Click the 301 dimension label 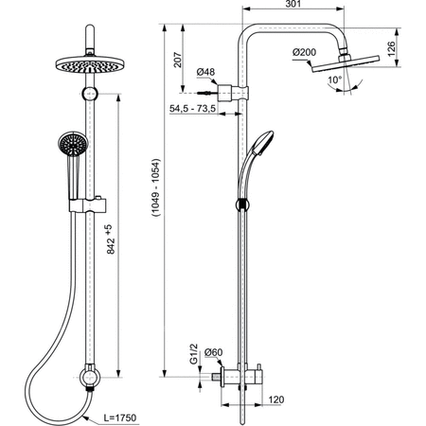tap(293, 4)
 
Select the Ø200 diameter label tap(304, 52)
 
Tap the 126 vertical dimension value tap(391, 49)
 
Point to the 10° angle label tap(334, 80)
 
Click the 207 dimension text tap(178, 60)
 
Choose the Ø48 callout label tap(205, 72)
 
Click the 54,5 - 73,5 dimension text tap(192, 109)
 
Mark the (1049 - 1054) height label tap(156, 187)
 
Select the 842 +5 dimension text tap(110, 240)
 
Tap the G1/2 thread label tap(194, 354)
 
